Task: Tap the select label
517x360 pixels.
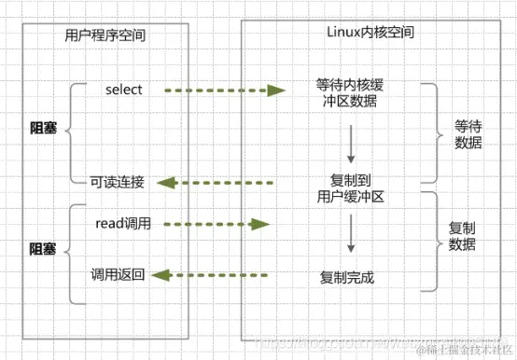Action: (123, 90)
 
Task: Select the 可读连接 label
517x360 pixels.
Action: (117, 182)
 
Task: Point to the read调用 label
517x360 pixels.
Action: (123, 224)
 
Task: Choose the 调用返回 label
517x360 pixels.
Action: (117, 274)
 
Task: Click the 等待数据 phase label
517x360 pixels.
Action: (468, 132)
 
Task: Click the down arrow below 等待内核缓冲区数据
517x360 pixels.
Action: (350, 142)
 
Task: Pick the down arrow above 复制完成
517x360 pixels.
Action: (350, 234)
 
